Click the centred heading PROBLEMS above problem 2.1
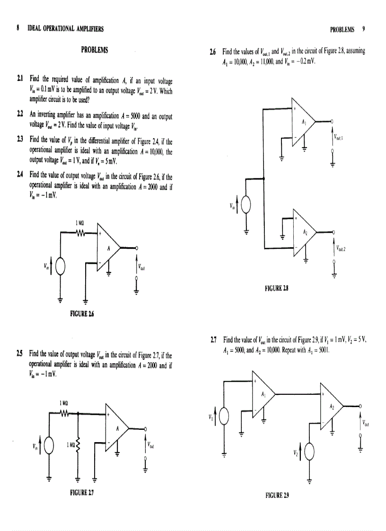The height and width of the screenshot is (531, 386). [x=94, y=50]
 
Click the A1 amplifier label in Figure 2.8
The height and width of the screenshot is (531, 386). [x=304, y=122]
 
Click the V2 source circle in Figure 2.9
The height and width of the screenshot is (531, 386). [x=310, y=453]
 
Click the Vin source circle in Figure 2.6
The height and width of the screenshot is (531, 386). [x=61, y=268]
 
